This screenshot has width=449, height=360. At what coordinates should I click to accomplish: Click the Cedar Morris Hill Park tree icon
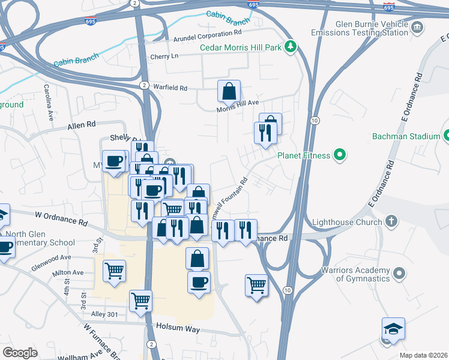point(291,46)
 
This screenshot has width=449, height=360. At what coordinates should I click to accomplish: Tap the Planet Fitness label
point(304,156)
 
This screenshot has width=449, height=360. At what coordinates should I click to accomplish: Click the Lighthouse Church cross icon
point(391,221)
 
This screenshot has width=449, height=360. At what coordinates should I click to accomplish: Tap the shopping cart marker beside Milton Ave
point(114,271)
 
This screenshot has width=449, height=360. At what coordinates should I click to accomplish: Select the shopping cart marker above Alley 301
point(140,300)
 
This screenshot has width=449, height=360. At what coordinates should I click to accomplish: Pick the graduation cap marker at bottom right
point(393,329)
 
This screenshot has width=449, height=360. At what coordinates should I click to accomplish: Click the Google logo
point(20,352)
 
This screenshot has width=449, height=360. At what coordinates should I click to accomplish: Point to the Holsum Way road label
point(177,327)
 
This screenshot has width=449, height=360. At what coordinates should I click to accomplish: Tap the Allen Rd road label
point(82,125)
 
